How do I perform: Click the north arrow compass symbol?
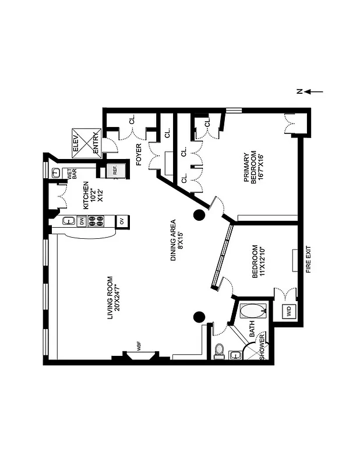(308, 91)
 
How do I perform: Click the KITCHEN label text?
(89, 195)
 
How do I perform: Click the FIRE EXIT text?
(309, 260)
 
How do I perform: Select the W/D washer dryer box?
(289, 312)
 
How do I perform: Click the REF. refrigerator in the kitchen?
(115, 171)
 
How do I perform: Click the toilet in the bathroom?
(220, 350)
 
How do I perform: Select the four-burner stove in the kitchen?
(96, 221)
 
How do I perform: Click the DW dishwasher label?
(82, 221)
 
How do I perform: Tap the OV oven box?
(122, 221)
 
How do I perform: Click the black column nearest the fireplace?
(199, 317)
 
